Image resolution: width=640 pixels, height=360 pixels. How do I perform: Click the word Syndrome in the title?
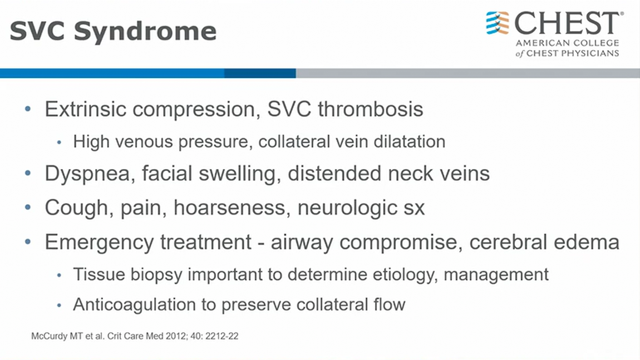(x=145, y=32)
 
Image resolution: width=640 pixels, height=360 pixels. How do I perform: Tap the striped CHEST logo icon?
(x=498, y=23)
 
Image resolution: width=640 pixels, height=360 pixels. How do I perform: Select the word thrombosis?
(x=371, y=109)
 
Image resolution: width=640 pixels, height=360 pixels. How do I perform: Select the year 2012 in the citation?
(x=176, y=336)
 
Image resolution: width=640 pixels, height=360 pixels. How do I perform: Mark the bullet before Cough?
(x=28, y=208)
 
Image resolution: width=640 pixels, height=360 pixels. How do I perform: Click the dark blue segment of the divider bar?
(x=260, y=73)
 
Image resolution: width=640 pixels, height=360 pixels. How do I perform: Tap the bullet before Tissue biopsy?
(x=59, y=275)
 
